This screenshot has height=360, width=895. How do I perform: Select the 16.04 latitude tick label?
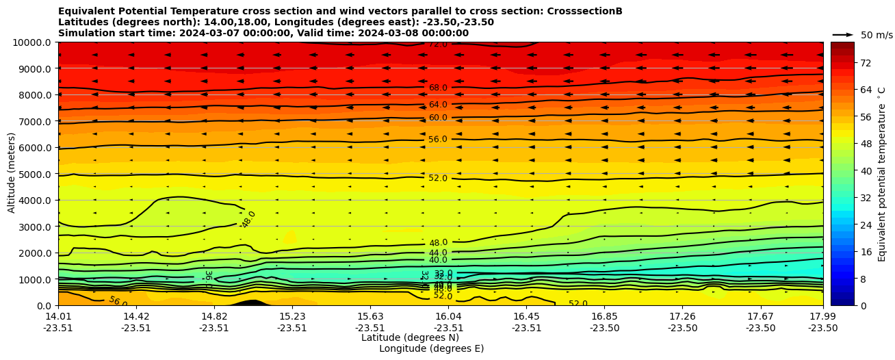[x=448, y=316]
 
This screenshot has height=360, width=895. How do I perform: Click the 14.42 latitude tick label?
[x=136, y=316]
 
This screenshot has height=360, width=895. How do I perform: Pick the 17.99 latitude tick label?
[x=822, y=316]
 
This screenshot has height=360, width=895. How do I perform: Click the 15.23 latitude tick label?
[x=292, y=316]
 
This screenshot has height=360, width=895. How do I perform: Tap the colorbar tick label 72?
[x=865, y=63]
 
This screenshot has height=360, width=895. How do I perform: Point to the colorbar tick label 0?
[x=862, y=305]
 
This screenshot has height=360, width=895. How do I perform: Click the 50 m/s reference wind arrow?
[x=843, y=35]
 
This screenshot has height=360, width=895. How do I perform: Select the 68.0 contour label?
[x=438, y=88]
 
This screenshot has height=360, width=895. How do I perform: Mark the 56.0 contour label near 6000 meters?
[x=438, y=140]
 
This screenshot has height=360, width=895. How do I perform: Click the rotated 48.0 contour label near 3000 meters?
[x=248, y=220]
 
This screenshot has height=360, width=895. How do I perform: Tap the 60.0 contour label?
[x=438, y=118]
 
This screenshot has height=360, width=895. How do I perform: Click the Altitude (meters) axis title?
[x=12, y=172]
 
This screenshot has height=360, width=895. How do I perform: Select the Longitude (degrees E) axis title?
[x=431, y=348]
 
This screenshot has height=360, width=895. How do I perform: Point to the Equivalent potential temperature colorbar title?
[x=882, y=174]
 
